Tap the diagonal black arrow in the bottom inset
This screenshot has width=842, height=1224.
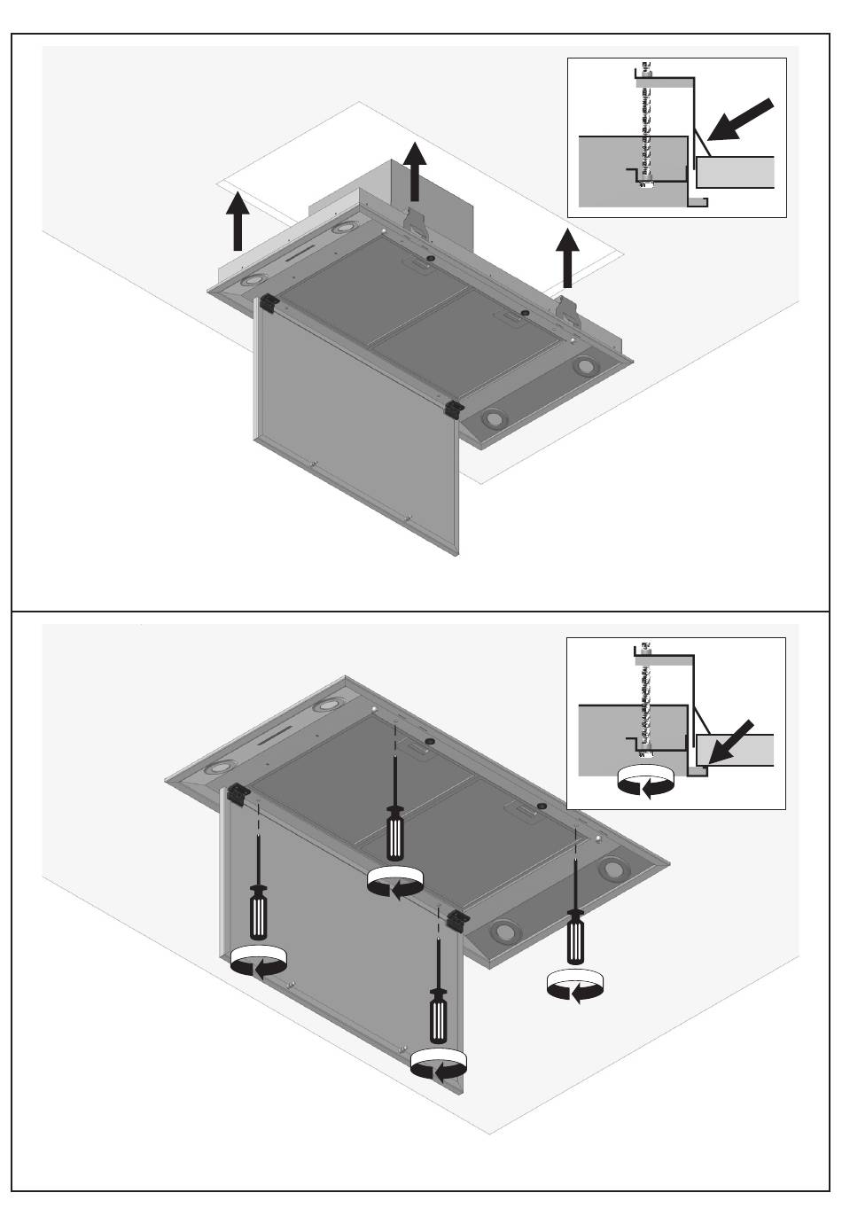coord(731,743)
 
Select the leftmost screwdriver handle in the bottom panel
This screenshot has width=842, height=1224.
coord(258,913)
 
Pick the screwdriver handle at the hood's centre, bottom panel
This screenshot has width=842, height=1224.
coord(395,833)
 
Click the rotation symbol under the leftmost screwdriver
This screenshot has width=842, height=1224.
coord(257,962)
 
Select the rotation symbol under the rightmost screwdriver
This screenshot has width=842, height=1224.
coord(574,985)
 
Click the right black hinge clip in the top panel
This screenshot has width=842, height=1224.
coord(455,409)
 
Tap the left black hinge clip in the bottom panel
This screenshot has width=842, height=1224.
coord(239,794)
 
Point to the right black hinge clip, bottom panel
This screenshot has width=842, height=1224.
coord(458,918)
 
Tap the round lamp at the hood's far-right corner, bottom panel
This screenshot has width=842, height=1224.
coord(610,869)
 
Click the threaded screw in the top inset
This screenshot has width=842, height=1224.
coord(646,124)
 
